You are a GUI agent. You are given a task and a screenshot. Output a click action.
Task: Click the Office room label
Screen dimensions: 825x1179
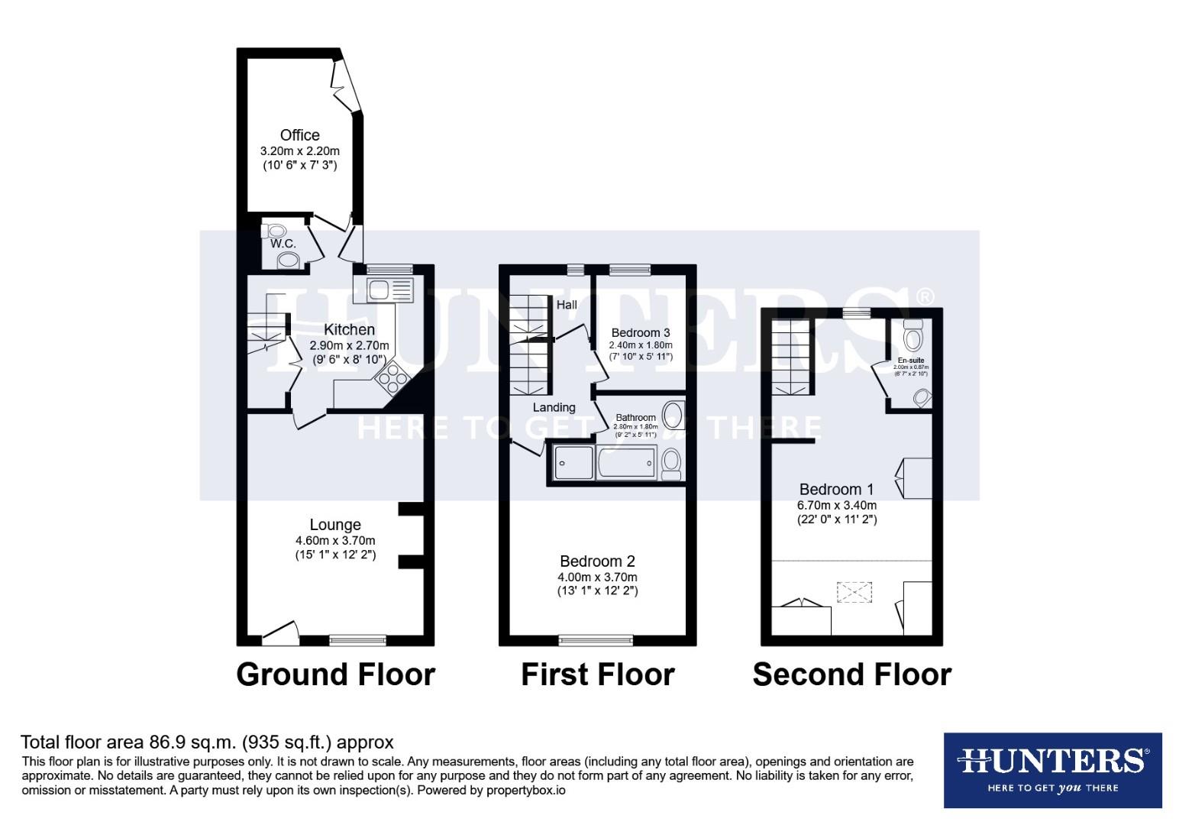(299, 135)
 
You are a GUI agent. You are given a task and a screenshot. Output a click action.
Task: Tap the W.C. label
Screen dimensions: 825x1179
(283, 244)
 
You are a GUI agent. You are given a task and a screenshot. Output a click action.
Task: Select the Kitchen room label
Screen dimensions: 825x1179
(349, 329)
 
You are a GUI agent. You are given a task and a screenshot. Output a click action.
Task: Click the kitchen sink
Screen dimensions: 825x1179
(389, 290)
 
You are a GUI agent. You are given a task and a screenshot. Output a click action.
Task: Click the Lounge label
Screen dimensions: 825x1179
(335, 525)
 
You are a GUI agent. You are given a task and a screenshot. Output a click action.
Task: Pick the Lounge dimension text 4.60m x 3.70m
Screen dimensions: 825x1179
(335, 540)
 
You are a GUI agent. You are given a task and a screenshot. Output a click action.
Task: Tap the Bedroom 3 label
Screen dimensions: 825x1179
(641, 332)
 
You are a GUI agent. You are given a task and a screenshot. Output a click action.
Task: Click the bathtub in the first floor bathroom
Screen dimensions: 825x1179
(626, 462)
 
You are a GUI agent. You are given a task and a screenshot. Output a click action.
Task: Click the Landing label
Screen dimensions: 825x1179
(554, 407)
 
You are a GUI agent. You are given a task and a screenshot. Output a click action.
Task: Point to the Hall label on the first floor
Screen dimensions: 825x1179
(567, 305)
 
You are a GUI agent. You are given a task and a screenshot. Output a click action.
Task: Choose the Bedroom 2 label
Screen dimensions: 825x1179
(597, 561)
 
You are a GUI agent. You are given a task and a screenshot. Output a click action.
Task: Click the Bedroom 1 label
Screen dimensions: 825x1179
(837, 489)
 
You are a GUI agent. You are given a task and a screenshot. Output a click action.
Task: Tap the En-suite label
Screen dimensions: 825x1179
(910, 360)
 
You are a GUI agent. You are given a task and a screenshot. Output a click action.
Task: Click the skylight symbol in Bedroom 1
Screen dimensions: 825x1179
(854, 592)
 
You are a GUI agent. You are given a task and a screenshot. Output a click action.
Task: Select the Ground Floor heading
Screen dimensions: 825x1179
(335, 675)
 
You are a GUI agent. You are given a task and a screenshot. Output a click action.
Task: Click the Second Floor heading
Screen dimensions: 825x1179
(851, 675)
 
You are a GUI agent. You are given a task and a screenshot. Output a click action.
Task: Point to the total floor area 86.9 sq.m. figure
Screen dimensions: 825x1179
(206, 742)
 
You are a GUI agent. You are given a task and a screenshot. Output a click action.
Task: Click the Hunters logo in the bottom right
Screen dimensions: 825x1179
(1052, 770)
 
